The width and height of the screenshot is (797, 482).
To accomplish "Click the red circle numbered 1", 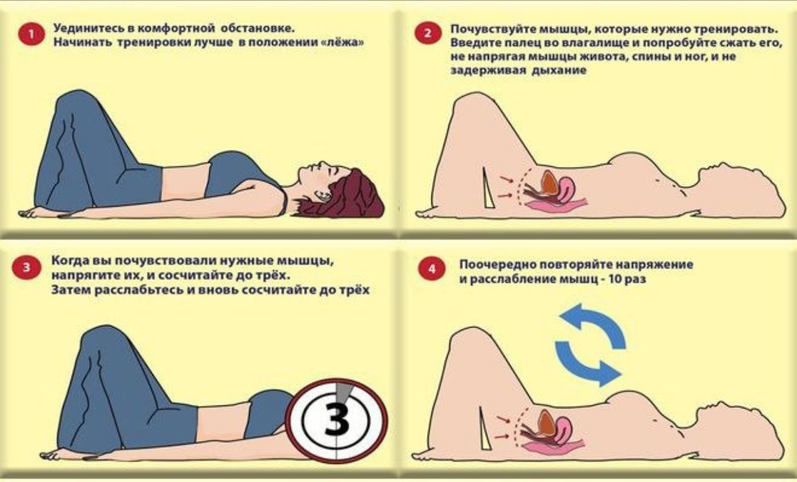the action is (x=31, y=34).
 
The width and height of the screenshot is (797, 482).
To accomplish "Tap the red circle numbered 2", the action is (x=428, y=33).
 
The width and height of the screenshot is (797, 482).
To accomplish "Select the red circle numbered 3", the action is (x=26, y=268).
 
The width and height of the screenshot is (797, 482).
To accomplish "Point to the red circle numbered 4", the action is (x=432, y=269).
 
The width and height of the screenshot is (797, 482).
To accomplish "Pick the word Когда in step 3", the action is (x=70, y=260).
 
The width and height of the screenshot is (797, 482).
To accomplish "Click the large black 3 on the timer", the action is (x=337, y=422).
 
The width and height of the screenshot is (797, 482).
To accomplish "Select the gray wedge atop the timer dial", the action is (x=343, y=392).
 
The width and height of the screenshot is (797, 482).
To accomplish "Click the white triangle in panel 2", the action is (x=488, y=188).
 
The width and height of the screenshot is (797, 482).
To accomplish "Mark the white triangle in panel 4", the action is (x=485, y=428).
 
